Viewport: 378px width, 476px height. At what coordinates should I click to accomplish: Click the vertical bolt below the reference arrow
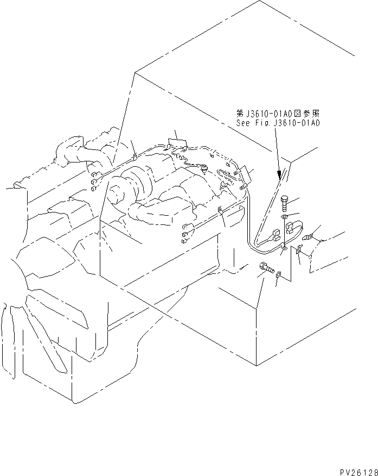(x=286, y=204)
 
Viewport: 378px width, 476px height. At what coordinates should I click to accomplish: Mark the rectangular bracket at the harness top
(x=177, y=143)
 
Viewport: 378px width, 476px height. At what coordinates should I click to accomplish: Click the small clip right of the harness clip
(x=298, y=250)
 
